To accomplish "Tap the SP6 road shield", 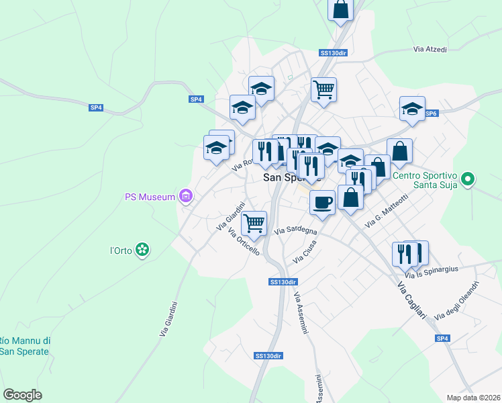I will [x=431, y=114].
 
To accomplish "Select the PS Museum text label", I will [x=150, y=197].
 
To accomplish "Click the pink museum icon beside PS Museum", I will [x=186, y=197].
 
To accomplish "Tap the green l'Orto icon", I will [x=142, y=251].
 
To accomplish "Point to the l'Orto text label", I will [x=120, y=251].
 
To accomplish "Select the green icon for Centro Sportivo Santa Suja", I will [x=468, y=179].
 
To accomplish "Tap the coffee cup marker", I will [x=323, y=201].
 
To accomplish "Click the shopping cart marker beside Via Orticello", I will [x=254, y=222].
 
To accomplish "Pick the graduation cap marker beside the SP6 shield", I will [x=412, y=108].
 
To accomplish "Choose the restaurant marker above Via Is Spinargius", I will [x=405, y=253].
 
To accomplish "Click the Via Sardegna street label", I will [x=295, y=230].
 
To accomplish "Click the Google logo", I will [x=22, y=394].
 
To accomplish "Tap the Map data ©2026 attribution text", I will [x=473, y=397].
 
